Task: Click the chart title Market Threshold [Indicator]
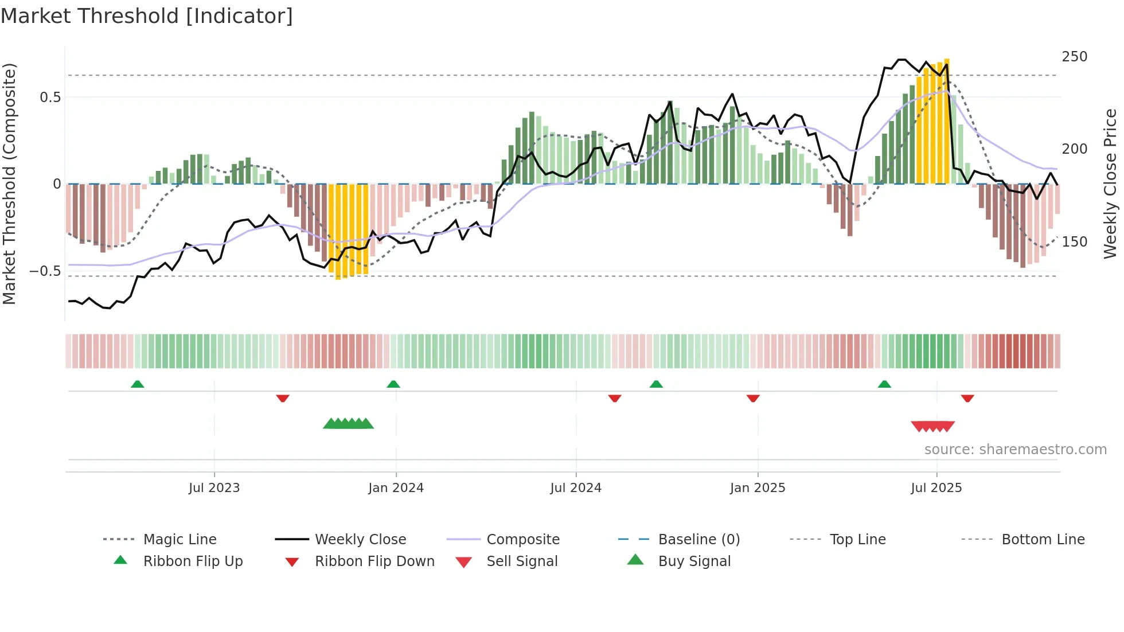pyautogui.click(x=147, y=16)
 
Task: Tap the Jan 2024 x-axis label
pyautogui.click(x=396, y=487)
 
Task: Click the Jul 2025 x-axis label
pyautogui.click(x=936, y=487)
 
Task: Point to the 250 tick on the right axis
pyautogui.click(x=1074, y=57)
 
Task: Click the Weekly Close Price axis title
pyautogui.click(x=1110, y=184)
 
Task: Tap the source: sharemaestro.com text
pyautogui.click(x=1015, y=449)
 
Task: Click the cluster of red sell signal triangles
pyautogui.click(x=932, y=426)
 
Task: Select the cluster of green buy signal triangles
pyautogui.click(x=348, y=424)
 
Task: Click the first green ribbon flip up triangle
pyautogui.click(x=137, y=384)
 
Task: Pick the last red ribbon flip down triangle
pyautogui.click(x=967, y=398)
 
